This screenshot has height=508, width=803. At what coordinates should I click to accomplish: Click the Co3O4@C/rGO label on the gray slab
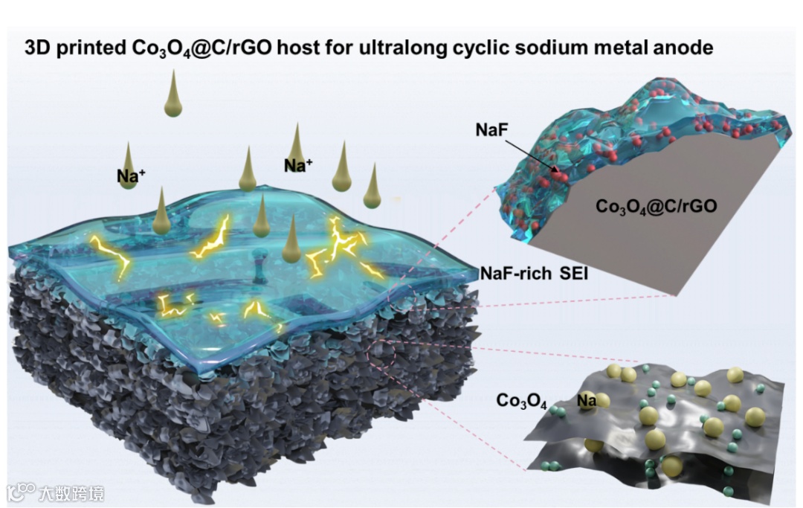click(656, 206)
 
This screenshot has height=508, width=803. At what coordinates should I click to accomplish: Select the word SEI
click(575, 274)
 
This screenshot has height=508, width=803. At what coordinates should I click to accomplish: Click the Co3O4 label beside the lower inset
click(521, 402)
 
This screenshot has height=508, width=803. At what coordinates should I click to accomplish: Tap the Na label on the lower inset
click(587, 402)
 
